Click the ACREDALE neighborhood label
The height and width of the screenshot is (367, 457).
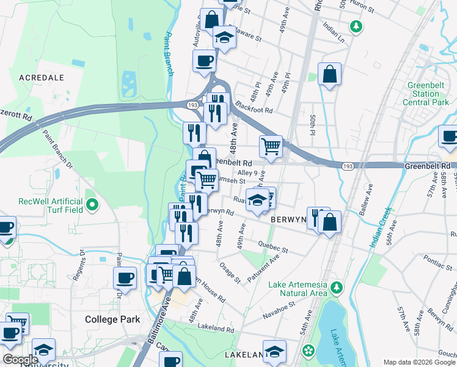pos(42,78)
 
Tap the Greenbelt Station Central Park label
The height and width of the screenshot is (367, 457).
pos(430,94)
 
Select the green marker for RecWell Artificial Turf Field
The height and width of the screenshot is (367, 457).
pos(92,203)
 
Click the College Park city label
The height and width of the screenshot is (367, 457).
pos(112,319)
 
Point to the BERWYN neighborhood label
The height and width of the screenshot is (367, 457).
pos(289,218)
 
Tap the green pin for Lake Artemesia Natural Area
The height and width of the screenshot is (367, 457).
pos(335,286)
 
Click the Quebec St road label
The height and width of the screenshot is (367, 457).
pos(272,247)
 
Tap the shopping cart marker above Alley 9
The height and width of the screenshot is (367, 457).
pos(271,146)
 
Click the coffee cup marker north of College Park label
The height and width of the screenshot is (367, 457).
pos(125,278)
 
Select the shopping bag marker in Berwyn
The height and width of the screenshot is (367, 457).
pos(329,222)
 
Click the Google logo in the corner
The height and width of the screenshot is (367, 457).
pos(20,360)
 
